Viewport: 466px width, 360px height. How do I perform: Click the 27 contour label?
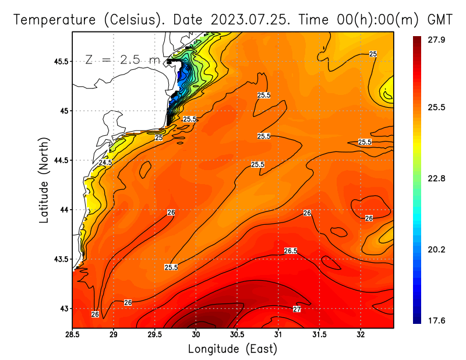click(x=296, y=309)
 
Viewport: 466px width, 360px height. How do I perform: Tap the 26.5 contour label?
click(x=291, y=251)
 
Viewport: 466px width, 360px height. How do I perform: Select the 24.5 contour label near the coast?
click(x=105, y=163)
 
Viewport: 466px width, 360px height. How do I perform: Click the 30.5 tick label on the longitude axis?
click(x=237, y=334)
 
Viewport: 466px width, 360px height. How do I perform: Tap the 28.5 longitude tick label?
click(x=72, y=334)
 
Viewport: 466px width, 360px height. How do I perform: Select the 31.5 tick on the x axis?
click(x=319, y=334)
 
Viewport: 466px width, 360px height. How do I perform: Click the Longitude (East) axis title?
click(x=232, y=348)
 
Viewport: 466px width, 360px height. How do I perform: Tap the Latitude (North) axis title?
click(x=44, y=180)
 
